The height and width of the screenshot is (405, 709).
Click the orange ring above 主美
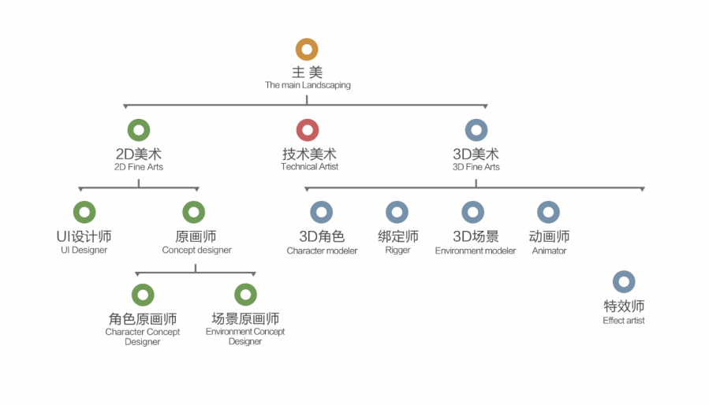[x=307, y=50]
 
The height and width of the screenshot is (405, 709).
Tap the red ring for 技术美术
[x=308, y=130]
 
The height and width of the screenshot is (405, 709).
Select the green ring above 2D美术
[x=138, y=130]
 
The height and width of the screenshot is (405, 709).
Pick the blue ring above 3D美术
[x=476, y=130]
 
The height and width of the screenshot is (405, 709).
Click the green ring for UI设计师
[x=84, y=212]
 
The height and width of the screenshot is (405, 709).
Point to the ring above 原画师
[x=193, y=212]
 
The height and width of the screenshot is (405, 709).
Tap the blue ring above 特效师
[x=624, y=281]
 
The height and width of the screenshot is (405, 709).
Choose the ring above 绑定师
[x=397, y=212]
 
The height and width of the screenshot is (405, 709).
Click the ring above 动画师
[x=548, y=212]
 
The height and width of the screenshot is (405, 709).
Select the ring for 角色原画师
[x=143, y=295]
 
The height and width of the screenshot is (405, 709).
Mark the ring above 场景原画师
[x=245, y=295]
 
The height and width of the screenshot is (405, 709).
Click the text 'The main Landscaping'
[x=308, y=85]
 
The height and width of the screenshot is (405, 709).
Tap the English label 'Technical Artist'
[x=309, y=167]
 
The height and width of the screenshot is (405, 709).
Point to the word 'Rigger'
[x=397, y=251]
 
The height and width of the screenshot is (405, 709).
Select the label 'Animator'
[x=549, y=251]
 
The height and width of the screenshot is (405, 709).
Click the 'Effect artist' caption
[x=624, y=321]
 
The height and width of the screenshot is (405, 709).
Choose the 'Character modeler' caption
[x=322, y=251]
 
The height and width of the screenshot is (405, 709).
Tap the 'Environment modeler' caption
[x=476, y=251]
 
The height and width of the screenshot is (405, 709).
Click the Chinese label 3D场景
[x=476, y=236]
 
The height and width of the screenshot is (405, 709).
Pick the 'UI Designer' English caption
[x=84, y=251]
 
